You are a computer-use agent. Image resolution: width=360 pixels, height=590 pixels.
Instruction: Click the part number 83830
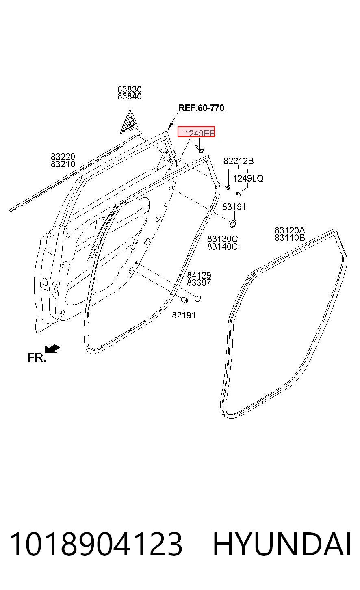(x=129, y=89)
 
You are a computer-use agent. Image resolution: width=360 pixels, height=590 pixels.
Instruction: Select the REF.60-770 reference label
(x=202, y=108)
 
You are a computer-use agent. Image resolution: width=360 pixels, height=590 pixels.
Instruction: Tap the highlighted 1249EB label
(x=196, y=132)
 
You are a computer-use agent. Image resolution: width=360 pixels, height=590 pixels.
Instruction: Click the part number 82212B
(x=239, y=161)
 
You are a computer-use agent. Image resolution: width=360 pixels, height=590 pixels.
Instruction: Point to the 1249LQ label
(x=248, y=178)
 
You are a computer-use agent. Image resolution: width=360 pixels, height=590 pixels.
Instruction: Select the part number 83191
(x=234, y=207)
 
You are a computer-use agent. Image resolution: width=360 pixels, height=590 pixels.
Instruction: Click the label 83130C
(x=222, y=239)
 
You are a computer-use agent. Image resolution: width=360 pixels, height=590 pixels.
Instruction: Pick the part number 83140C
(x=222, y=246)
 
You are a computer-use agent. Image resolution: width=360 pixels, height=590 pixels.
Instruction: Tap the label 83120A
(x=290, y=230)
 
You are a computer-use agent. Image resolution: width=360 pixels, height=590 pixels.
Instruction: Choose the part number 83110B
(x=290, y=238)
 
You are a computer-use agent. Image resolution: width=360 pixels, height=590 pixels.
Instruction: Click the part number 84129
(x=199, y=275)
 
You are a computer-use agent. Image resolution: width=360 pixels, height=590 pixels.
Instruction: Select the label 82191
(x=184, y=315)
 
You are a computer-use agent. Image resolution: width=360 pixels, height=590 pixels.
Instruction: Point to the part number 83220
(x=63, y=157)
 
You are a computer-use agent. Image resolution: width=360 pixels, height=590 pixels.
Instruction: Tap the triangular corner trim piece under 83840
(x=129, y=123)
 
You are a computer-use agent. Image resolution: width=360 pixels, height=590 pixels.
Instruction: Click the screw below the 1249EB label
(x=200, y=149)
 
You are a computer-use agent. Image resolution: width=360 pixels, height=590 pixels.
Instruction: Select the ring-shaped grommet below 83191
(x=233, y=224)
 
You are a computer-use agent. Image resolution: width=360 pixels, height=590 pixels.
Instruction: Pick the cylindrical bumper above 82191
(x=184, y=300)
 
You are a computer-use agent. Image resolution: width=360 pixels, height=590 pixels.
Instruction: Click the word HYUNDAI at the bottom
(x=282, y=544)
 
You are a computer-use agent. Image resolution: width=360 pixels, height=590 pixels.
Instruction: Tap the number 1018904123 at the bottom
(x=96, y=544)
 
